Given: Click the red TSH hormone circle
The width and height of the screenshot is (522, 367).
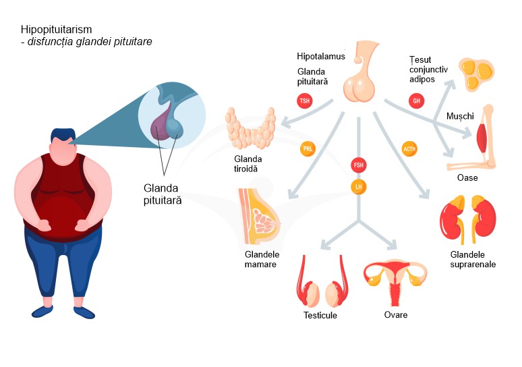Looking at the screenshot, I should pos(305,101).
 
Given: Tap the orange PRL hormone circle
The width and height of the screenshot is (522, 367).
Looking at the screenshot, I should pos(308,148).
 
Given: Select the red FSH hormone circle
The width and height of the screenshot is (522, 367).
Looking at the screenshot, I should pos(358,165).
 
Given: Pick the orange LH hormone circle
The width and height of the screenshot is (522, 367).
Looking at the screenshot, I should pos(358,185).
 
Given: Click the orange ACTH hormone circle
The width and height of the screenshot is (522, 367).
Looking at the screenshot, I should pos(409,148).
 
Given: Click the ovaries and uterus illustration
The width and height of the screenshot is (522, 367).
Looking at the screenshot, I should pos(395,280).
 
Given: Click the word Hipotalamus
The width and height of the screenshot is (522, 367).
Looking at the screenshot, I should pos(321,57).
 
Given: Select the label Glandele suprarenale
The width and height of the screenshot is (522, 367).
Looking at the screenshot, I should pos(473,259).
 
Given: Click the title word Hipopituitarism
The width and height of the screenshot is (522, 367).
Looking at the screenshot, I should pos(56,30).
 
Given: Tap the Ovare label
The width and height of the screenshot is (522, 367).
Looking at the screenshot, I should pos(396,314).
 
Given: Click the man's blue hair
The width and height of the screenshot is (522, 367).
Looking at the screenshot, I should pos(64,135).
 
